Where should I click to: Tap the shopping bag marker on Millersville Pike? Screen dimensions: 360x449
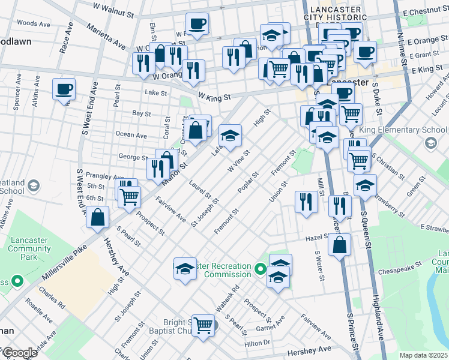click(x=98, y=217)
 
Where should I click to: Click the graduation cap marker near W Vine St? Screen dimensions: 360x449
click(x=230, y=136)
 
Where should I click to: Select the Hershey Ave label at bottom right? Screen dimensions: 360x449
click(x=309, y=349)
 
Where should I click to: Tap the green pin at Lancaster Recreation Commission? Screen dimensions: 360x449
click(x=260, y=269)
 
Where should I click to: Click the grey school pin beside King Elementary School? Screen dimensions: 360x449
click(x=430, y=143)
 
